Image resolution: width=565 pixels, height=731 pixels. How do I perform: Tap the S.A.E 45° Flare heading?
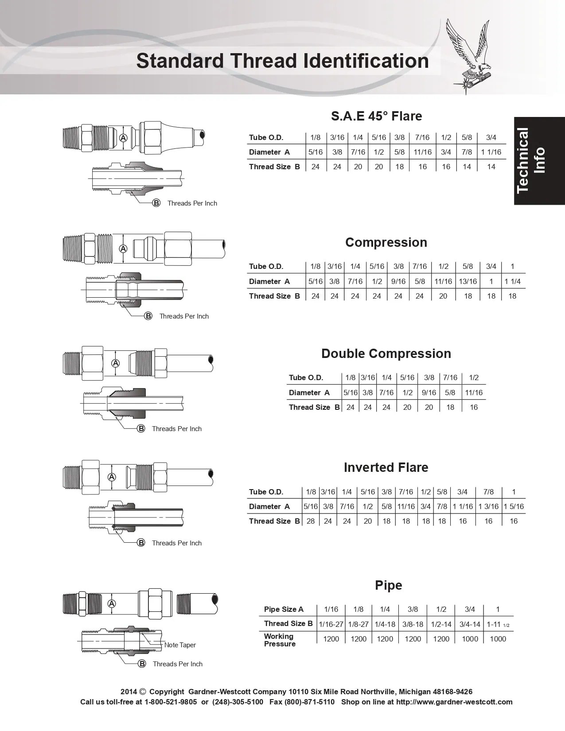pyautogui.click(x=376, y=116)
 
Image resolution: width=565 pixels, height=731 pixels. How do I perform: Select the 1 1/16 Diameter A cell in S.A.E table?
pyautogui.click(x=491, y=152)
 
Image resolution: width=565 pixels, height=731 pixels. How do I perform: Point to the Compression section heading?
pyautogui.click(x=386, y=242)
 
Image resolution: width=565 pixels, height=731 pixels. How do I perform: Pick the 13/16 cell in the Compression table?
pyautogui.click(x=468, y=281)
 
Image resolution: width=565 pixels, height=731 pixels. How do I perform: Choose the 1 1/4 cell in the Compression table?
pyautogui.click(x=512, y=281)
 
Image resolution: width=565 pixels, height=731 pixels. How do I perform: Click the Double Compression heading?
pyautogui.click(x=386, y=354)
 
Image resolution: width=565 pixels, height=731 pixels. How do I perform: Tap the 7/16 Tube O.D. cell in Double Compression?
pyautogui.click(x=450, y=377)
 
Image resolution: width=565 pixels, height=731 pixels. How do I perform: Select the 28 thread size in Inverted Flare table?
pyautogui.click(x=311, y=521)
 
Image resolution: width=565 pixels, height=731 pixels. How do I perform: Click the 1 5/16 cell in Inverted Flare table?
pyautogui.click(x=514, y=506)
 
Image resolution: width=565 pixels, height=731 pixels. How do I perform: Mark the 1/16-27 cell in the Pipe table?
pyautogui.click(x=331, y=624)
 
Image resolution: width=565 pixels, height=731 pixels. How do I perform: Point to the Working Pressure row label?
pyautogui.click(x=280, y=640)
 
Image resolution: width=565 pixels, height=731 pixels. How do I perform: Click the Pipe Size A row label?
pyautogui.click(x=284, y=609)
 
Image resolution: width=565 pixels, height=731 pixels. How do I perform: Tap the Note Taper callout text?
pyautogui.click(x=180, y=645)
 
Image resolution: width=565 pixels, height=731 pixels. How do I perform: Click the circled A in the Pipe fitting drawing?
pyautogui.click(x=112, y=603)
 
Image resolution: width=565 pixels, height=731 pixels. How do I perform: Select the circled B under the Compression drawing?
pyautogui.click(x=148, y=316)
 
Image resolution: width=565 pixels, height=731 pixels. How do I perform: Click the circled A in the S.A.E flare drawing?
pyautogui.click(x=123, y=138)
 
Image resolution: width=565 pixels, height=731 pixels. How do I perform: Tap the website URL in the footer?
pyautogui.click(x=454, y=702)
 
